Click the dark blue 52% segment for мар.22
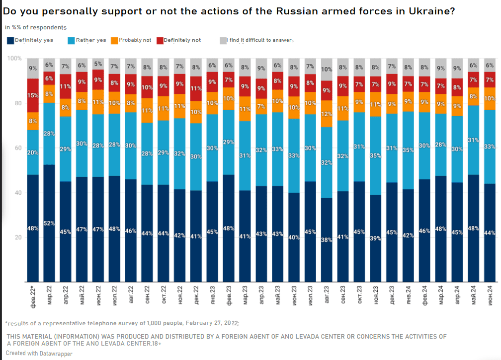click(49, 222)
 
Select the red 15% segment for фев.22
click(33, 95)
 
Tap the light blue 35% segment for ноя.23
click(376, 155)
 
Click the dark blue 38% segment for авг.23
click(327, 239)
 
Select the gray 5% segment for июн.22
click(98, 64)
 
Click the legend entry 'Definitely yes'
click(31, 40)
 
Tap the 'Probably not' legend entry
click(131, 40)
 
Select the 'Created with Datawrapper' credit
click(39, 354)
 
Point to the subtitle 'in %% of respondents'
click(36, 28)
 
